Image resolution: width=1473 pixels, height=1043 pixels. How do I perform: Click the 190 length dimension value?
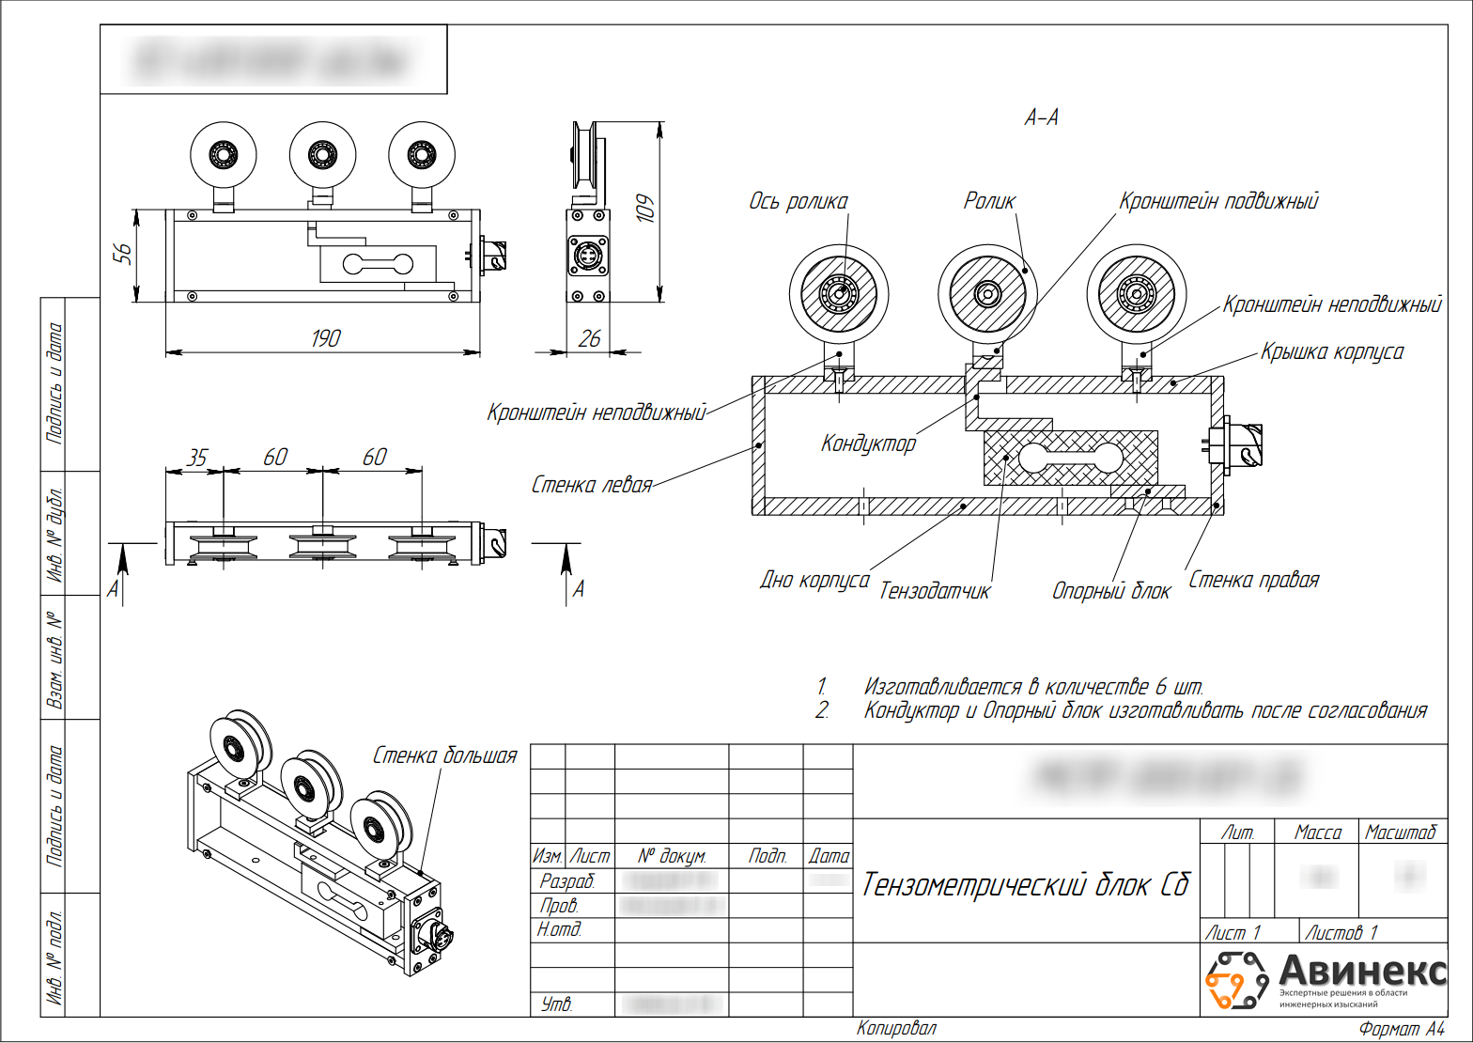(326, 338)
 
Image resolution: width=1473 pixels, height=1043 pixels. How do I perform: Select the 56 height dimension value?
(123, 254)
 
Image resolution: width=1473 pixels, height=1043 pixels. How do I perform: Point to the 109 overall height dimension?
(645, 208)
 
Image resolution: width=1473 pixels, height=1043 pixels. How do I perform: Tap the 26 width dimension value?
(589, 338)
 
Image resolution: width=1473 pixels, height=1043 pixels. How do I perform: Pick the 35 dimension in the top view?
(195, 458)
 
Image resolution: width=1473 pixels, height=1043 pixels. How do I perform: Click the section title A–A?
(1041, 117)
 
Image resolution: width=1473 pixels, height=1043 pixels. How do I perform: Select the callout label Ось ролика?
(798, 201)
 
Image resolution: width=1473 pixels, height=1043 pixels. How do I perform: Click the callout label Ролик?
(989, 200)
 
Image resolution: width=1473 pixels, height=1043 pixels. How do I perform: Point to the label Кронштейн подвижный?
(1218, 201)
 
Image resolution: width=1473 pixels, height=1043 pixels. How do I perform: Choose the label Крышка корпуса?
(1331, 352)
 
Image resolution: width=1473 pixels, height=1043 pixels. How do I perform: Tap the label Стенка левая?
(592, 485)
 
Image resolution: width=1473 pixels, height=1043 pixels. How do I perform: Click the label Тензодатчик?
(935, 591)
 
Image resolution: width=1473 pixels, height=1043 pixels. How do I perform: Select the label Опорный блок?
(1111, 591)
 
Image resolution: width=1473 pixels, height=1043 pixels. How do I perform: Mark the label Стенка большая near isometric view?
(445, 755)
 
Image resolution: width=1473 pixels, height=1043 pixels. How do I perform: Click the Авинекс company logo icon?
(1236, 979)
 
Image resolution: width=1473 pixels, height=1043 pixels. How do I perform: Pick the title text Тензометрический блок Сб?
(1026, 884)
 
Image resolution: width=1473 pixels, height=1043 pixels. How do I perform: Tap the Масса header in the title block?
(1317, 833)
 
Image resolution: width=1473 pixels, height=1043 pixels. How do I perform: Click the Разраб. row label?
(567, 881)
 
